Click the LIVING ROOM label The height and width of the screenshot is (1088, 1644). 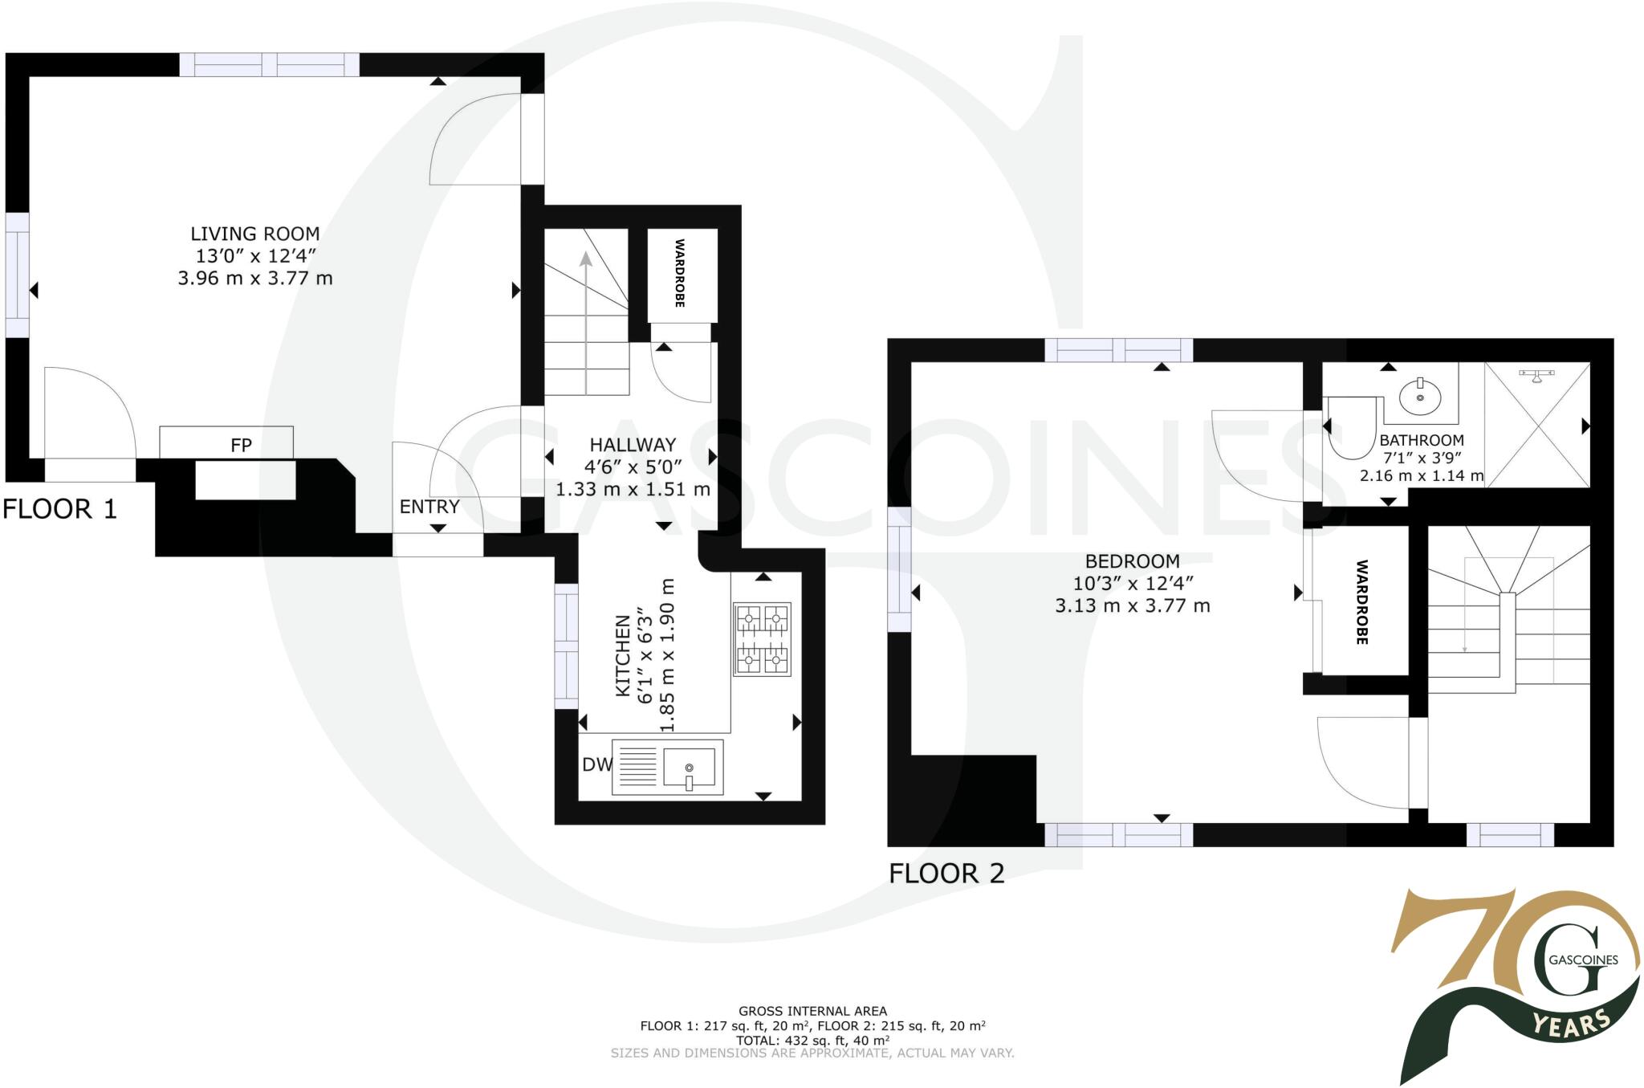pyautogui.click(x=254, y=234)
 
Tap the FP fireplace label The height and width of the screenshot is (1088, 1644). pyautogui.click(x=241, y=445)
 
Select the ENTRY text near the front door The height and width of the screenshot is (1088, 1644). pyautogui.click(x=429, y=507)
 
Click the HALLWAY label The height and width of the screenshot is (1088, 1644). pyautogui.click(x=633, y=445)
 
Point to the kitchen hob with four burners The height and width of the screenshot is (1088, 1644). pyautogui.click(x=762, y=638)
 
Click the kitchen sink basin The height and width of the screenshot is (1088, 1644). pyautogui.click(x=689, y=767)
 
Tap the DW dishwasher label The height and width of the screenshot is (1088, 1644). pyautogui.click(x=596, y=765)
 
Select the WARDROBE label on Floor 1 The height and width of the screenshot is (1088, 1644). pyautogui.click(x=680, y=273)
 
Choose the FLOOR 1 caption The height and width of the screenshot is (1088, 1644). pyautogui.click(x=59, y=509)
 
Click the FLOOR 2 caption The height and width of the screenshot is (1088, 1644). pyautogui.click(x=946, y=874)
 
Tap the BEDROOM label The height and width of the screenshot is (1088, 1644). pyautogui.click(x=1132, y=561)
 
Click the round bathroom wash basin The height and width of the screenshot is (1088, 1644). pyautogui.click(x=1420, y=397)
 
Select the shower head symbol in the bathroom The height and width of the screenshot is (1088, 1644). pyautogui.click(x=1536, y=375)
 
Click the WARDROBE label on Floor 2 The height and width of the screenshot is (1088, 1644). pyautogui.click(x=1362, y=602)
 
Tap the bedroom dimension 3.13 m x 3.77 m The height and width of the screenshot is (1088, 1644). pyautogui.click(x=1132, y=606)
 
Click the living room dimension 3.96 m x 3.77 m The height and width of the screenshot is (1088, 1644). pyautogui.click(x=254, y=279)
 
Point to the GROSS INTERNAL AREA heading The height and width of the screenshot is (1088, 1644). pyautogui.click(x=812, y=1012)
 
